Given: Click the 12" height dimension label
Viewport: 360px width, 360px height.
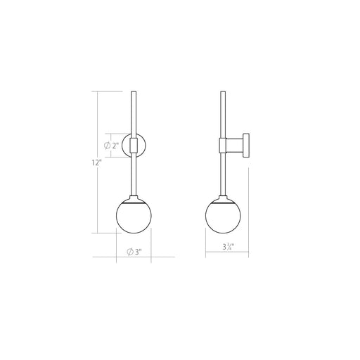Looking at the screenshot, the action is pyautogui.click(x=96, y=162).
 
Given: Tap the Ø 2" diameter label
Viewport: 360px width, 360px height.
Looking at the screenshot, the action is pyautogui.click(x=112, y=146).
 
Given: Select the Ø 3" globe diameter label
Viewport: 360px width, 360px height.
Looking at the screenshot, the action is pyautogui.click(x=134, y=252).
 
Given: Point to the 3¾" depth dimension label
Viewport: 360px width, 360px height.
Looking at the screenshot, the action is pyautogui.click(x=229, y=247).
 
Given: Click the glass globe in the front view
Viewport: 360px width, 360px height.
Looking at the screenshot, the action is pyautogui.click(x=134, y=216).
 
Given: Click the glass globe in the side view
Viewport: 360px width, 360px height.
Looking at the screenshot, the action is pyautogui.click(x=223, y=216).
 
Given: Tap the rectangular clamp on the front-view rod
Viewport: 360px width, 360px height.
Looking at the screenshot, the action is pyautogui.click(x=134, y=146).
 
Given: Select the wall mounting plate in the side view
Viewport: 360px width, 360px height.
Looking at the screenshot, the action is pyautogui.click(x=246, y=146).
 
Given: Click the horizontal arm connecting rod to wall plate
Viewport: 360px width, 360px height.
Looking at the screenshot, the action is pyautogui.click(x=235, y=146).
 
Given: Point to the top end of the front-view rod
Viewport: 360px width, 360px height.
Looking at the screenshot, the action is pyautogui.click(x=134, y=91).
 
